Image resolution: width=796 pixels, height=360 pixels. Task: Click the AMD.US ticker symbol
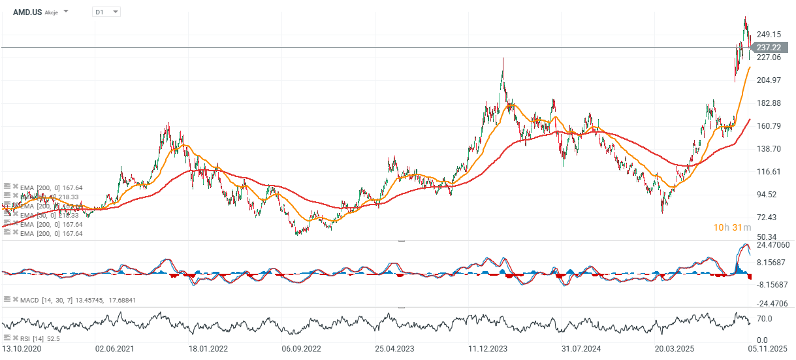[27, 12]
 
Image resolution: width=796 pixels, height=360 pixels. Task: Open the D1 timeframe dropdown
[106, 12]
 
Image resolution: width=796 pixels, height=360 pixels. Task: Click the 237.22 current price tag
[769, 48]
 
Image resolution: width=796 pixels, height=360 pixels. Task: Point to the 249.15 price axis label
[769, 35]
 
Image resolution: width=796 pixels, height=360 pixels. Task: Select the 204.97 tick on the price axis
[769, 80]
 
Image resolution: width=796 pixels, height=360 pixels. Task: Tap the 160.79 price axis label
[769, 126]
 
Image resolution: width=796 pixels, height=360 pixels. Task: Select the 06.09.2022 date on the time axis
[301, 349]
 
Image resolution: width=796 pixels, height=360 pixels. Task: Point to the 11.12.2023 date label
[488, 349]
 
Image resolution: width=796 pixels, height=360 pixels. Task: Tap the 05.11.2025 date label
[767, 349]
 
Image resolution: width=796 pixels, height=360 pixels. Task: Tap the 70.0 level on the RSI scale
[765, 319]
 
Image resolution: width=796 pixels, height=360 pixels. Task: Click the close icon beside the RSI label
[15, 338]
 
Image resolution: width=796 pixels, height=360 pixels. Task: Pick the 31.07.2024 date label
[581, 349]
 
